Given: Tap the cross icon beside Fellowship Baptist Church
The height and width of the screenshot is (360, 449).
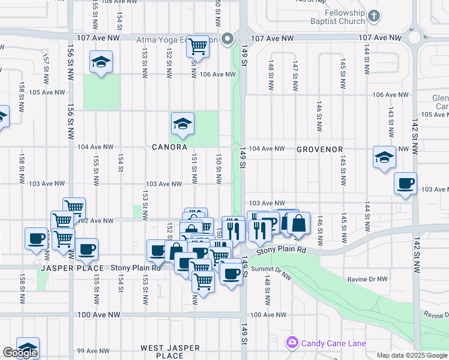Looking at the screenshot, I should point(374,16).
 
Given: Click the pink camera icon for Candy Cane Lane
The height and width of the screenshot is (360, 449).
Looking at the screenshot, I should point(292,343).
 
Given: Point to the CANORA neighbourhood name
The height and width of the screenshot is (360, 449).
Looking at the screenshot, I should point(169,147).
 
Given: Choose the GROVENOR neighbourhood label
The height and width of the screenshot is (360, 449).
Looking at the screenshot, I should point(319,149).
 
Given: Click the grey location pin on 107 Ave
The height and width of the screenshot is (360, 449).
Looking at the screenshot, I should point(228,40).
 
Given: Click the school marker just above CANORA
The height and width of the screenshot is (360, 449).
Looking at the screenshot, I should point(182,124).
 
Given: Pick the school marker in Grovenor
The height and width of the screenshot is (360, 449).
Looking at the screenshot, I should point(384,157).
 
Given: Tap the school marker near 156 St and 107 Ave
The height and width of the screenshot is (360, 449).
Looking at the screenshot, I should point(101,61).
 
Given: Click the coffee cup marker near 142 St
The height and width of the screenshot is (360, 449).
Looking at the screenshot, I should point(405,182).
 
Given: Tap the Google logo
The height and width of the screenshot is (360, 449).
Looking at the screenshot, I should point(20,353).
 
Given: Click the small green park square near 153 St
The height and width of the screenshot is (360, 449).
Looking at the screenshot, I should point(137,211).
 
